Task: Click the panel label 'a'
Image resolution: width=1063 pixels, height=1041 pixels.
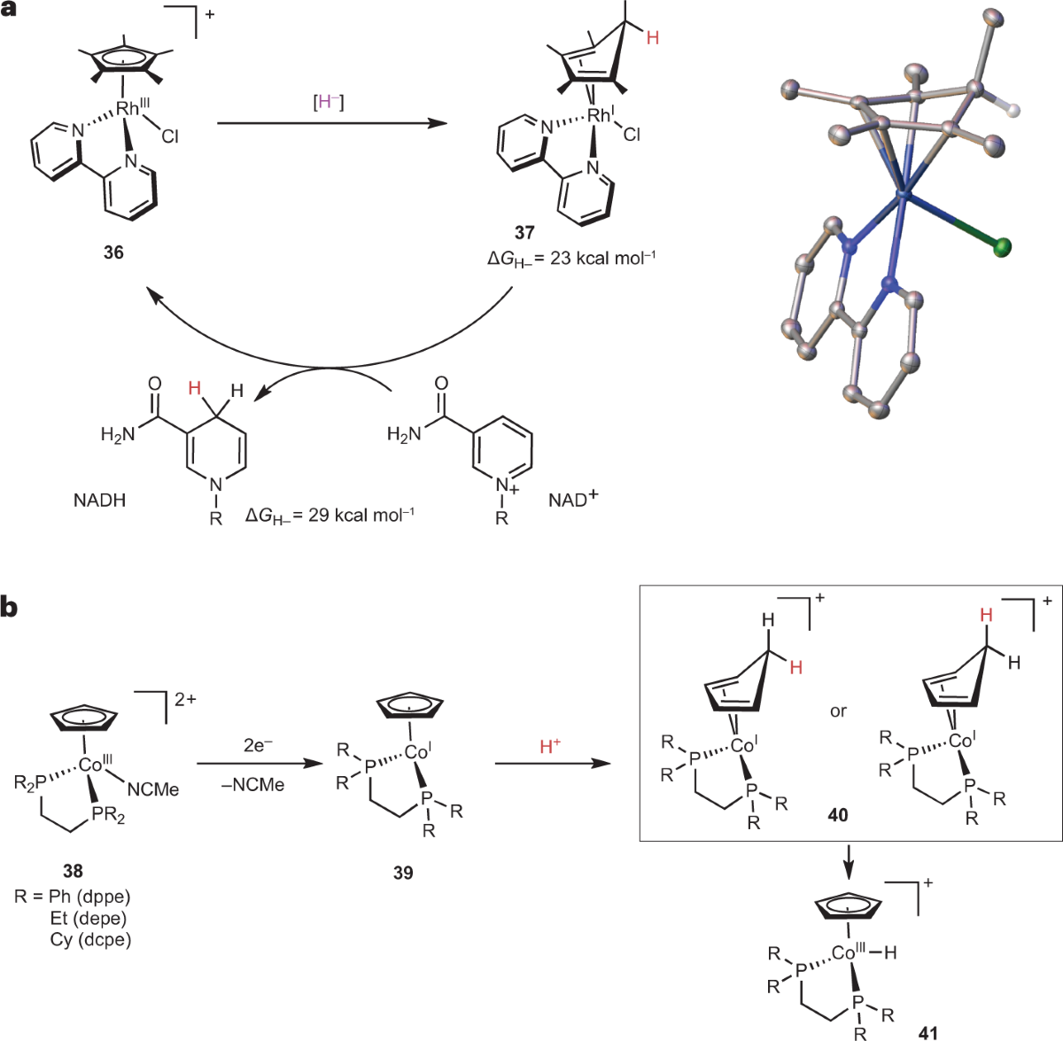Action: (x=11, y=13)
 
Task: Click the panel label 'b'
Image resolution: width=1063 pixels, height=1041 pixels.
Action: (x=12, y=609)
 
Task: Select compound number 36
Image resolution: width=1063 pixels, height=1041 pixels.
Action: (x=113, y=252)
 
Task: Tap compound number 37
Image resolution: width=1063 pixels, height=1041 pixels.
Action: (x=524, y=233)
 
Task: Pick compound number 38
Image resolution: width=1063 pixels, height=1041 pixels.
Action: (x=73, y=872)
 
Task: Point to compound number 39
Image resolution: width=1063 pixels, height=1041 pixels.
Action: (x=403, y=873)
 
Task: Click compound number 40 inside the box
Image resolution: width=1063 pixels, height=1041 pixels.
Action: (x=837, y=815)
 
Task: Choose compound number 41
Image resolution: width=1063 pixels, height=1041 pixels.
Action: (x=929, y=1031)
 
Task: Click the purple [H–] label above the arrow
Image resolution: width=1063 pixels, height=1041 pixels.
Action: (x=329, y=102)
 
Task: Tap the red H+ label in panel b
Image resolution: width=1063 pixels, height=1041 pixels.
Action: (x=550, y=747)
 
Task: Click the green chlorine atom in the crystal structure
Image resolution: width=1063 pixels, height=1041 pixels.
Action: (x=1002, y=249)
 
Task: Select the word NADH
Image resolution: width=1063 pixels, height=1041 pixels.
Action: (x=99, y=501)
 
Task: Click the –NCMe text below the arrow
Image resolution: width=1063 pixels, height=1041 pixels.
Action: (x=253, y=785)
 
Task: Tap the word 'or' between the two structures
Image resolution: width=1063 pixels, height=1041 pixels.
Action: (x=838, y=711)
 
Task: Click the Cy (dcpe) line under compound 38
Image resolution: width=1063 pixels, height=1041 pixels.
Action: (x=90, y=939)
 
